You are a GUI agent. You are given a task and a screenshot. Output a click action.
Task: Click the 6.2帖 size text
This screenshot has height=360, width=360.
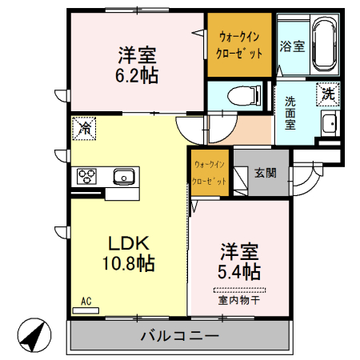pos(137,76)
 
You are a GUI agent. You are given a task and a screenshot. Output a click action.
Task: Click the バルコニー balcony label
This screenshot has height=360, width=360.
pos(178,336)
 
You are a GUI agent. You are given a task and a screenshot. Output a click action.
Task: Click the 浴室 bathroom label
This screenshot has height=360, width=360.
pos(291,46)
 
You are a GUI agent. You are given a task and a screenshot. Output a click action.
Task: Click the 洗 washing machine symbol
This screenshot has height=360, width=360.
pos(328,94)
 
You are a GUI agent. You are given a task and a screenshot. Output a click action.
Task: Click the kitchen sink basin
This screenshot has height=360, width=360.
pos(124,175)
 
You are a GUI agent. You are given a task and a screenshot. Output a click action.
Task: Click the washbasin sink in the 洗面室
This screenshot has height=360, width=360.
pos(328,124)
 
